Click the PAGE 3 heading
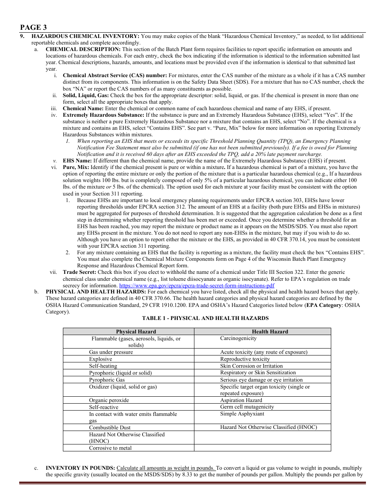tap(33, 27)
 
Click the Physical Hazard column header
tap(136, 331)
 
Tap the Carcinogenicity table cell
tap(239, 338)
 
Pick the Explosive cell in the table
tap(100, 359)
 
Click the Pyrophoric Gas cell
tap(107, 380)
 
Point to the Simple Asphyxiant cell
tap(242, 414)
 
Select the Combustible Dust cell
tap(110, 428)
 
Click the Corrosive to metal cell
tap(110, 448)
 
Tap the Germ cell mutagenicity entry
tap(247, 407)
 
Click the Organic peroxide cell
tap(109, 400)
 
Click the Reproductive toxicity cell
tap(245, 359)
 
